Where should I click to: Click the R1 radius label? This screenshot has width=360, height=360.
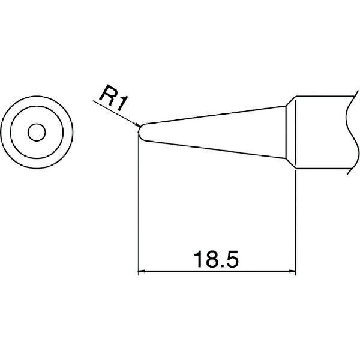click(x=113, y=98)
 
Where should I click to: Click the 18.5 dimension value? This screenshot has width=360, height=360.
click(x=216, y=259)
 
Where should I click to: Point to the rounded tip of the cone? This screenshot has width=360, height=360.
click(x=139, y=132)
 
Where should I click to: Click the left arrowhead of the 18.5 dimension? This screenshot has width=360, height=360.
click(x=142, y=271)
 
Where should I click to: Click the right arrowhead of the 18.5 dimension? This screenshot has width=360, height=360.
click(x=292, y=271)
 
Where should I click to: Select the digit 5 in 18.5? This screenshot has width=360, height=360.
click(x=232, y=259)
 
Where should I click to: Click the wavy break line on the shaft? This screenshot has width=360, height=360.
click(x=352, y=133)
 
